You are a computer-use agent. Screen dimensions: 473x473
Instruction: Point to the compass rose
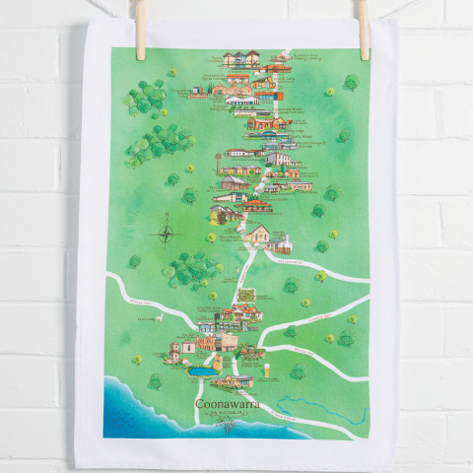[166, 234]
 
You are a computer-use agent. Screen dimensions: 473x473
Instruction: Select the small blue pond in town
[200, 373]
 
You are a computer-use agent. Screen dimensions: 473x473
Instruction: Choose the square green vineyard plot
[243, 294]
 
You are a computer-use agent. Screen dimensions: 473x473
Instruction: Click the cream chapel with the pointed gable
[259, 236]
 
